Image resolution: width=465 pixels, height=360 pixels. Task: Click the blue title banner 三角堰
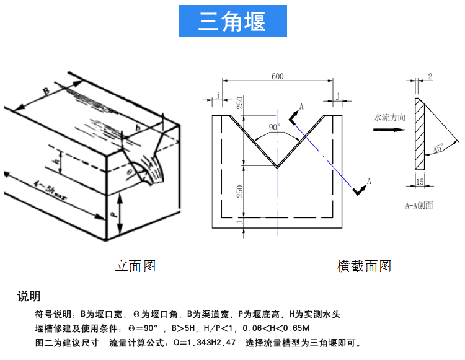pos(232,21)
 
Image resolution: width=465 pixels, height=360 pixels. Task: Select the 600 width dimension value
pos(277,76)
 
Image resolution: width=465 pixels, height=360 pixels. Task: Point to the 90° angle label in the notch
pos(274,127)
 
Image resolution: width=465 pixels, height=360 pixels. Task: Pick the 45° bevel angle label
pos(438,149)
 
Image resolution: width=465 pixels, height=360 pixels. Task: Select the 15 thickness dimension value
pos(420,182)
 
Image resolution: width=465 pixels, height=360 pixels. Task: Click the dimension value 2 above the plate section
pos(430,76)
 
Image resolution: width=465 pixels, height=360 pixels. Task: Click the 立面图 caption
pos(135,266)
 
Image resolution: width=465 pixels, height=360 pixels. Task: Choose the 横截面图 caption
pos(364,266)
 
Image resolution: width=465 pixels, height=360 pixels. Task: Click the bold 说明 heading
pos(29,296)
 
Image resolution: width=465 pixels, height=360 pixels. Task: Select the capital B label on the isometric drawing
pos(45,92)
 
